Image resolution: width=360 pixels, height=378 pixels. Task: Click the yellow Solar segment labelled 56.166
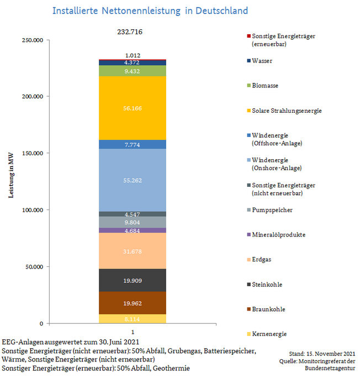point(133,108)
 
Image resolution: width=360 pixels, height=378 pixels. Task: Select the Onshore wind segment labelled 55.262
point(133,180)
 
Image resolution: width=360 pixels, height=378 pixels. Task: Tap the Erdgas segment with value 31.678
point(133,251)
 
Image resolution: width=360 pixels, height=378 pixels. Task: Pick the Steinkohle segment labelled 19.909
point(133,280)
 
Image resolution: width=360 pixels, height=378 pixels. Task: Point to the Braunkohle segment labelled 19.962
point(133,303)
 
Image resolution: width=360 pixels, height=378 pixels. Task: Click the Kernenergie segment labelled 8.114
point(133,319)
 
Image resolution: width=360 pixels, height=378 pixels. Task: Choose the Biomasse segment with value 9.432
point(133,71)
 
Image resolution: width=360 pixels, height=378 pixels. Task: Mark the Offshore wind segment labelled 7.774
point(133,144)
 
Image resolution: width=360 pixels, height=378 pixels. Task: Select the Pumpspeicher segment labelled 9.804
point(133,222)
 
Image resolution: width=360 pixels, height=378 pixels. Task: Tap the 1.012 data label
point(133,55)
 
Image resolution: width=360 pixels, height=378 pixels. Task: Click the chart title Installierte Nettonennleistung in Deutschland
point(150,11)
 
